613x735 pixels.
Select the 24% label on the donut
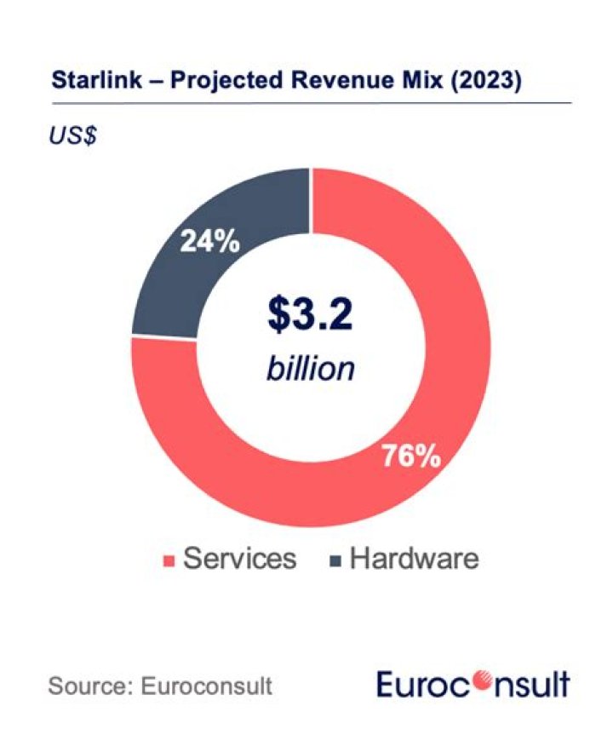point(209,242)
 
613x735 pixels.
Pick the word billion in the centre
point(310,369)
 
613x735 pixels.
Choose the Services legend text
point(240,559)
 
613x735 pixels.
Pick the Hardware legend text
point(415,559)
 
